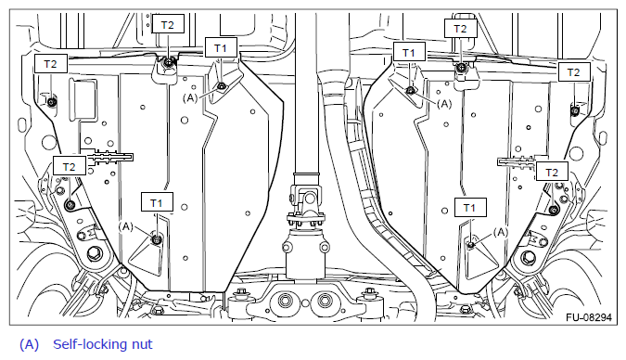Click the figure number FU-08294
(589, 317)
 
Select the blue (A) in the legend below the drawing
(29, 344)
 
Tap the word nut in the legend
(142, 345)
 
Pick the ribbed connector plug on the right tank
(516, 162)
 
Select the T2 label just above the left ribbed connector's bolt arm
(69, 166)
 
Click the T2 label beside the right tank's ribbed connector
(552, 173)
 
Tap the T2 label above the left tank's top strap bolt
(168, 25)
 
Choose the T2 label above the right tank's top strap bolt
(461, 29)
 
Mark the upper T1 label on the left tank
(221, 48)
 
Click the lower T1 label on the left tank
(157, 203)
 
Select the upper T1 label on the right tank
(409, 52)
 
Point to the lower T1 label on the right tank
(470, 207)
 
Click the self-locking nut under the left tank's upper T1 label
(221, 86)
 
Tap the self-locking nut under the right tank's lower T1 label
(471, 244)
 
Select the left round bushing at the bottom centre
(286, 300)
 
